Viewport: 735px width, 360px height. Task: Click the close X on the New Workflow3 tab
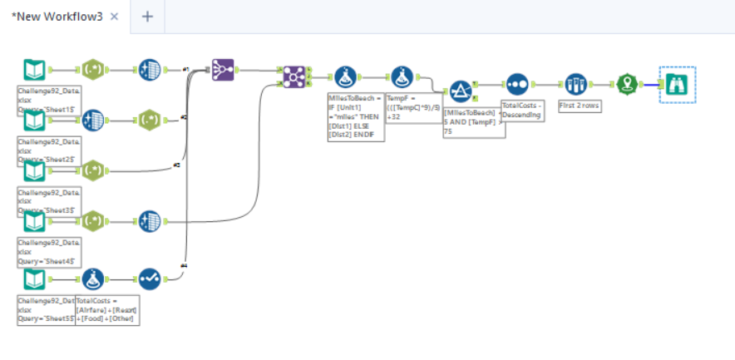point(115,17)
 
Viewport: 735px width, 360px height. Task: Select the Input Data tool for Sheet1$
point(34,70)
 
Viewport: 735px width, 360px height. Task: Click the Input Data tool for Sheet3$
point(34,171)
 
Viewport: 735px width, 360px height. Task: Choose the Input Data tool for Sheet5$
point(34,279)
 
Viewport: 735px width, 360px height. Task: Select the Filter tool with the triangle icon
point(461,91)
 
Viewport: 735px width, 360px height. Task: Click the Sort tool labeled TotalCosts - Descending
point(517,84)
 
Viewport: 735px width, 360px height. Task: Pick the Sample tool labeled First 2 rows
point(575,84)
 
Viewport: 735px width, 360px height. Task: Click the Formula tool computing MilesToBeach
point(346,77)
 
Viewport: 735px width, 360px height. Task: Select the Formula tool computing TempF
point(403,77)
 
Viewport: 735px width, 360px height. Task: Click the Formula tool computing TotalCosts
point(92,279)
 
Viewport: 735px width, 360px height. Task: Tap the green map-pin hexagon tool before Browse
point(626,84)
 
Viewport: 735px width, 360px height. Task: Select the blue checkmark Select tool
point(150,279)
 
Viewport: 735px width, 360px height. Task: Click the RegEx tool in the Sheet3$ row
point(92,171)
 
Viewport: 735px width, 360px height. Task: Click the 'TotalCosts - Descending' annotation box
point(521,111)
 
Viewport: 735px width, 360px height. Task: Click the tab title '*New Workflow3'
point(57,17)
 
